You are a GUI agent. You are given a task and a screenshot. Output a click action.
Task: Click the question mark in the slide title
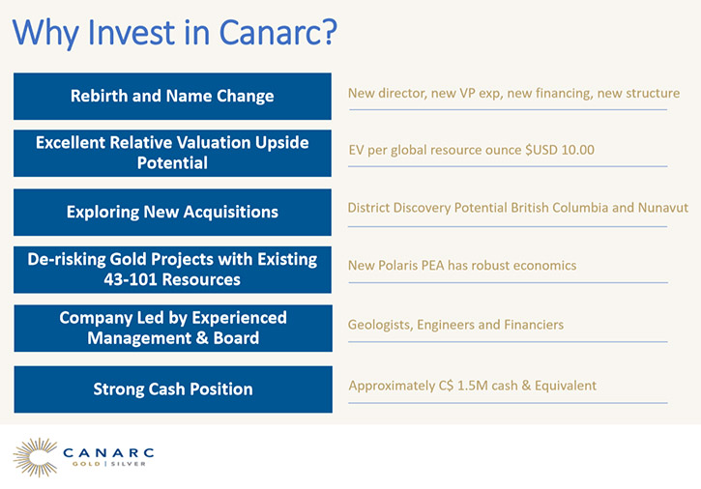point(329,32)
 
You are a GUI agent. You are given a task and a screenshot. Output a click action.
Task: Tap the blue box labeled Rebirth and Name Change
point(172,96)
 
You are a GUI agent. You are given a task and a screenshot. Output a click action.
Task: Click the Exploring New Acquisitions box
point(172,213)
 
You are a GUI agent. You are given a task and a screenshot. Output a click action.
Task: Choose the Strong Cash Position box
point(173,389)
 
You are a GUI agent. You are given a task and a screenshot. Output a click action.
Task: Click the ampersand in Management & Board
point(202,338)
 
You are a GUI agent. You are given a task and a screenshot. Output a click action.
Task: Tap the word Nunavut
point(663,208)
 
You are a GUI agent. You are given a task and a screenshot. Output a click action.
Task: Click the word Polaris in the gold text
point(397,266)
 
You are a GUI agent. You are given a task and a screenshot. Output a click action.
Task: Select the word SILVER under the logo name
point(129,464)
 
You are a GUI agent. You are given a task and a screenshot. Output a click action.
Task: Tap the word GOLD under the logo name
point(86,464)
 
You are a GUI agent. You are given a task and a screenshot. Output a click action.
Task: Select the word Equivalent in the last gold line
point(566,386)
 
